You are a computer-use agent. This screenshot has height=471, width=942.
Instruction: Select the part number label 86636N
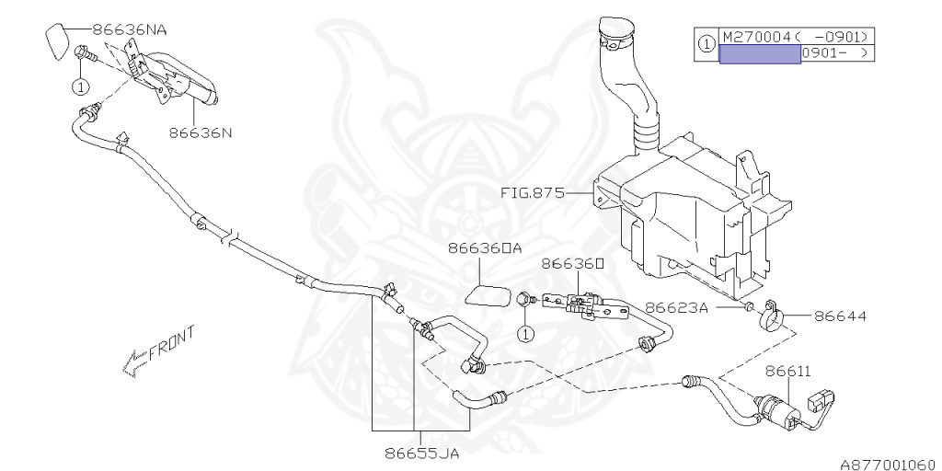click(x=200, y=132)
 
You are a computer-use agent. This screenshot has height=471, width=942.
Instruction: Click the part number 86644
click(x=840, y=316)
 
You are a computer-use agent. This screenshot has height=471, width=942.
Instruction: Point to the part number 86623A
click(x=676, y=308)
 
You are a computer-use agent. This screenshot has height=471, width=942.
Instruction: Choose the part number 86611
click(x=788, y=371)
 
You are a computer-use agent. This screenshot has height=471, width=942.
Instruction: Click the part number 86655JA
click(x=422, y=453)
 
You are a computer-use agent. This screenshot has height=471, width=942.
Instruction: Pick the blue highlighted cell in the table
click(x=759, y=53)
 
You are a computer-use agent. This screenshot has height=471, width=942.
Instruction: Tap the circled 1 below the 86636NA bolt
click(x=80, y=87)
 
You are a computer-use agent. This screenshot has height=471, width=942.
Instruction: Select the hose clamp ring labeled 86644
click(x=769, y=318)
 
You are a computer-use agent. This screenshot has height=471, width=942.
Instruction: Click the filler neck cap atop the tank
click(x=614, y=36)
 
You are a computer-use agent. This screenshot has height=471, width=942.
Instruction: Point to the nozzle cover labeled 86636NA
click(x=56, y=41)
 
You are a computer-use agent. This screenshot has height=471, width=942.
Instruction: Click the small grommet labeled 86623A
click(x=748, y=306)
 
